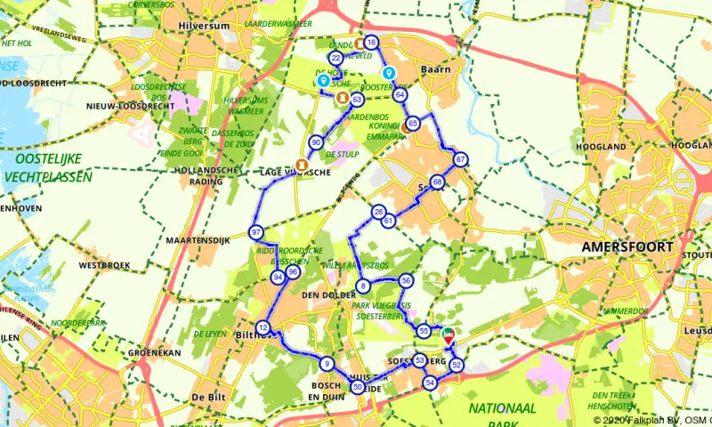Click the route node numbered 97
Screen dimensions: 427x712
coord(256,233)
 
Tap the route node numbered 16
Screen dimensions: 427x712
coord(371,43)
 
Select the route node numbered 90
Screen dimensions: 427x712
coord(316,142)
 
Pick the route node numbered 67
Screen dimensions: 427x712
coord(460,160)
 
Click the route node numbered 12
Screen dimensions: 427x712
coord(263,327)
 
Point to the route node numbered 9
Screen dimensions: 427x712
coord(328,363)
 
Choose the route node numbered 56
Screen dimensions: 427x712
coord(406,280)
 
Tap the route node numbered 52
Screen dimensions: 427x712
coord(457,365)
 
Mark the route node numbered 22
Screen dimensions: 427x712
coord(336,58)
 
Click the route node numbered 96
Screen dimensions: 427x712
coord(292,272)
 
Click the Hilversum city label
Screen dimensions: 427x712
coord(206,27)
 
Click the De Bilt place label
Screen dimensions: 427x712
coord(207,397)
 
